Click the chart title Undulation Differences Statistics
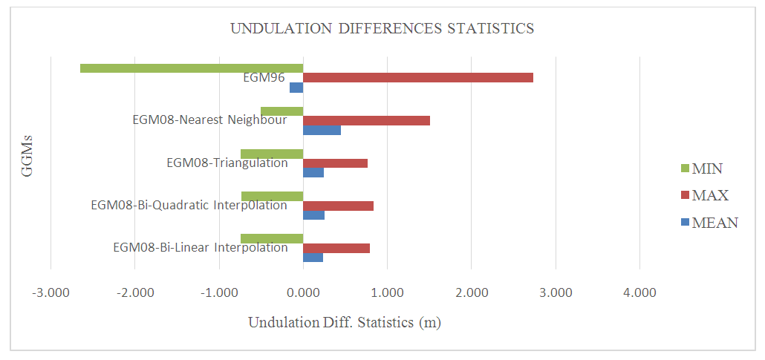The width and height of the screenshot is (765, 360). pyautogui.click(x=382, y=29)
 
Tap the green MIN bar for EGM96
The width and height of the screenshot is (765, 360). pyautogui.click(x=192, y=68)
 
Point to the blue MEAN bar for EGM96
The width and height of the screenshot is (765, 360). pyautogui.click(x=296, y=88)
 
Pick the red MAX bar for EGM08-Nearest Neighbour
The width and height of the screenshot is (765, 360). pyautogui.click(x=366, y=121)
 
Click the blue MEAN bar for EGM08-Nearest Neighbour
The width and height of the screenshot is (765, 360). pyautogui.click(x=322, y=131)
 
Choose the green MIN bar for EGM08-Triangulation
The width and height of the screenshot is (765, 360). pyautogui.click(x=272, y=154)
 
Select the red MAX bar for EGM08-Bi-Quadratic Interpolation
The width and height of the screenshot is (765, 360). pyautogui.click(x=338, y=206)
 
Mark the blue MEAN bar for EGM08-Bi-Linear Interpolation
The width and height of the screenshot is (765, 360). pyautogui.click(x=313, y=258)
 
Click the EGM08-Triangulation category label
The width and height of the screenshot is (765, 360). pyautogui.click(x=227, y=163)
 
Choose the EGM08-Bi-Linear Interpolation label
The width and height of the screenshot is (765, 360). pyautogui.click(x=200, y=248)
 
